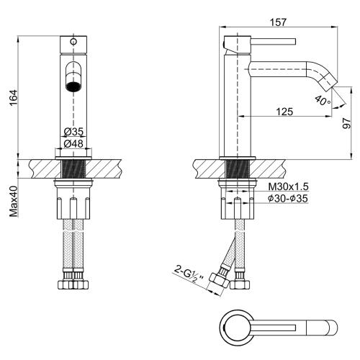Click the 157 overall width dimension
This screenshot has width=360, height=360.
(x=278, y=22)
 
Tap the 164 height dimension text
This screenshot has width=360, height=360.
(x=13, y=98)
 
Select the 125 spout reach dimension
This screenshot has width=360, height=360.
(x=284, y=112)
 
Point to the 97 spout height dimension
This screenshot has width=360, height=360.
(x=346, y=123)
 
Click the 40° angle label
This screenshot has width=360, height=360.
(x=323, y=100)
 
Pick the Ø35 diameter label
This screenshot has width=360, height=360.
(x=73, y=132)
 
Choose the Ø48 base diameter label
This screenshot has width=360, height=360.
(x=73, y=143)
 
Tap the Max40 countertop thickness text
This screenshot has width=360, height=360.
(x=14, y=202)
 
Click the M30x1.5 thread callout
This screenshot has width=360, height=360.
(x=288, y=186)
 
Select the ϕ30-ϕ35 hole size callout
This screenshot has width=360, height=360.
(x=288, y=199)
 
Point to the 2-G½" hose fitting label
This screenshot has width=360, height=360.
(x=189, y=274)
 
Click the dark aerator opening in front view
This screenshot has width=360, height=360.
(x=73, y=86)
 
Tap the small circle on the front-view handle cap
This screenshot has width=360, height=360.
(x=73, y=42)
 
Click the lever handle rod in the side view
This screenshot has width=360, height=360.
(x=273, y=42)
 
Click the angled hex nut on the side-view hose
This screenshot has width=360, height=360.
(x=218, y=280)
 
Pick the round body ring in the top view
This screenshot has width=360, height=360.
(x=237, y=328)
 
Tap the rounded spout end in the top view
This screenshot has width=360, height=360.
(x=332, y=328)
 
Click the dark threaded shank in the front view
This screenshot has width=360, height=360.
(x=73, y=169)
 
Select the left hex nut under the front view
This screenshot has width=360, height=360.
(x=66, y=284)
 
